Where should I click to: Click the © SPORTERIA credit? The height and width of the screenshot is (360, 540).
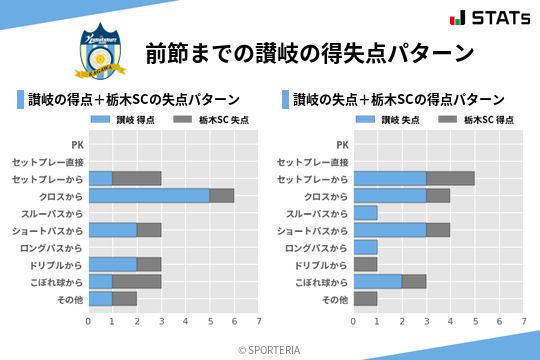click(270, 349)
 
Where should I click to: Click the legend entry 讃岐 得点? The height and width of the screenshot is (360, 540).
click(131, 120)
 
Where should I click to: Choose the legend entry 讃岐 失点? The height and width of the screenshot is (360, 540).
click(395, 120)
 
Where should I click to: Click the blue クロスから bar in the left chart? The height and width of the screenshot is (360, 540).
click(149, 196)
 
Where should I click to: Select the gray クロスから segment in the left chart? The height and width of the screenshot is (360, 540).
click(222, 196)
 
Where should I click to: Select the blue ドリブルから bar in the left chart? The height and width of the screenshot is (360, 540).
click(112, 264)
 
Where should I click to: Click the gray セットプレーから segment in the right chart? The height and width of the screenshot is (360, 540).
click(450, 179)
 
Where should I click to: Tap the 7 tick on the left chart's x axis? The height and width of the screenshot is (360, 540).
click(258, 321)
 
